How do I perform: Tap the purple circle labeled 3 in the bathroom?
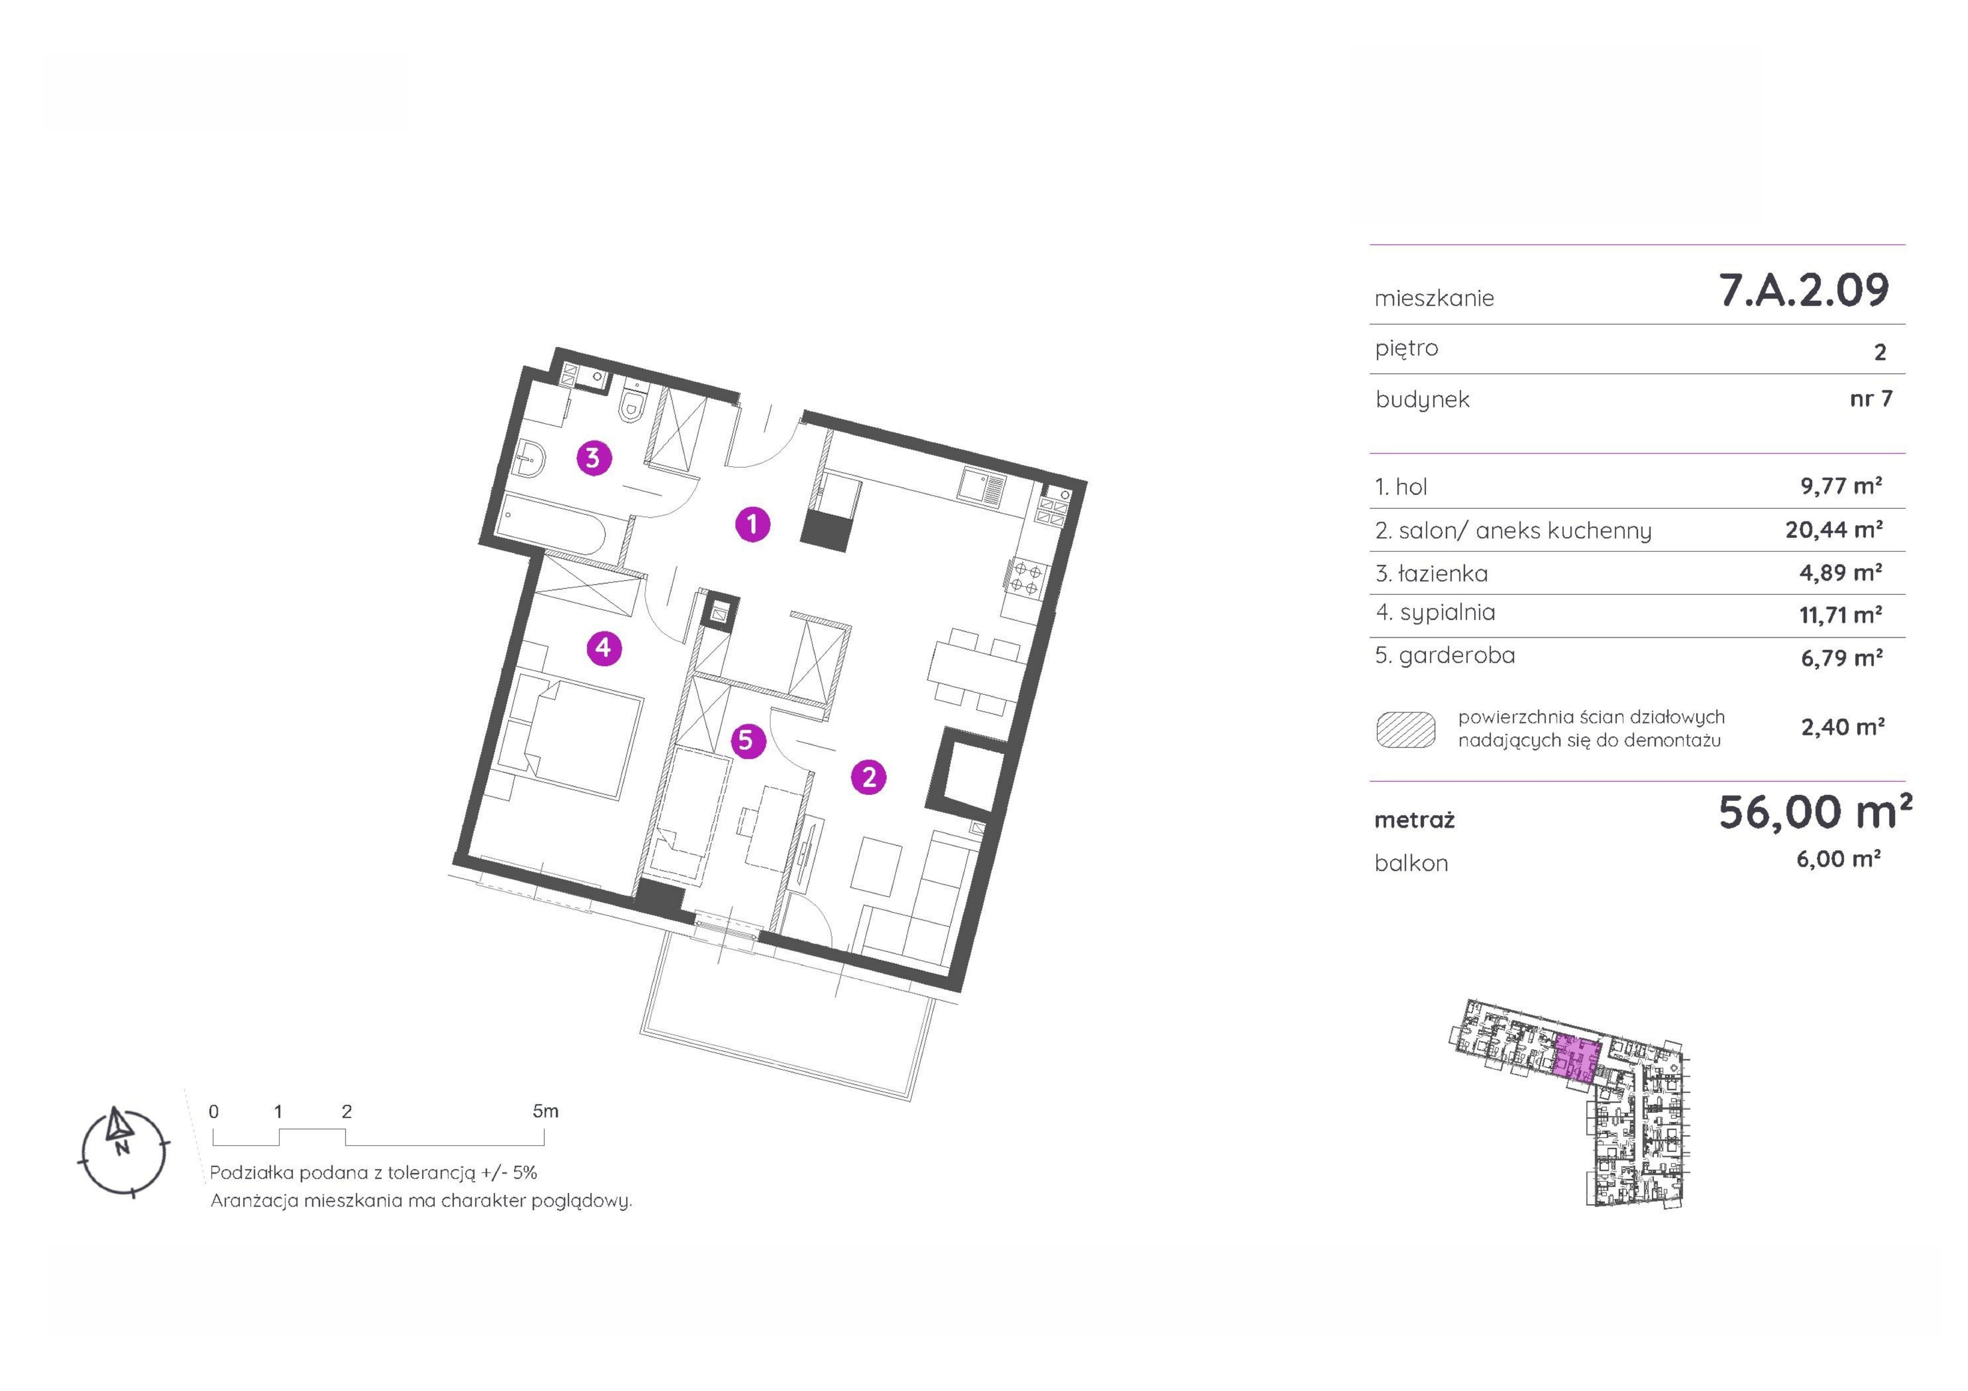(593, 458)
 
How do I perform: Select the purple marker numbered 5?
(746, 740)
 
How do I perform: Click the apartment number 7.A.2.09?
(1803, 290)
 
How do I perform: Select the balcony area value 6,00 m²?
(1838, 859)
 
